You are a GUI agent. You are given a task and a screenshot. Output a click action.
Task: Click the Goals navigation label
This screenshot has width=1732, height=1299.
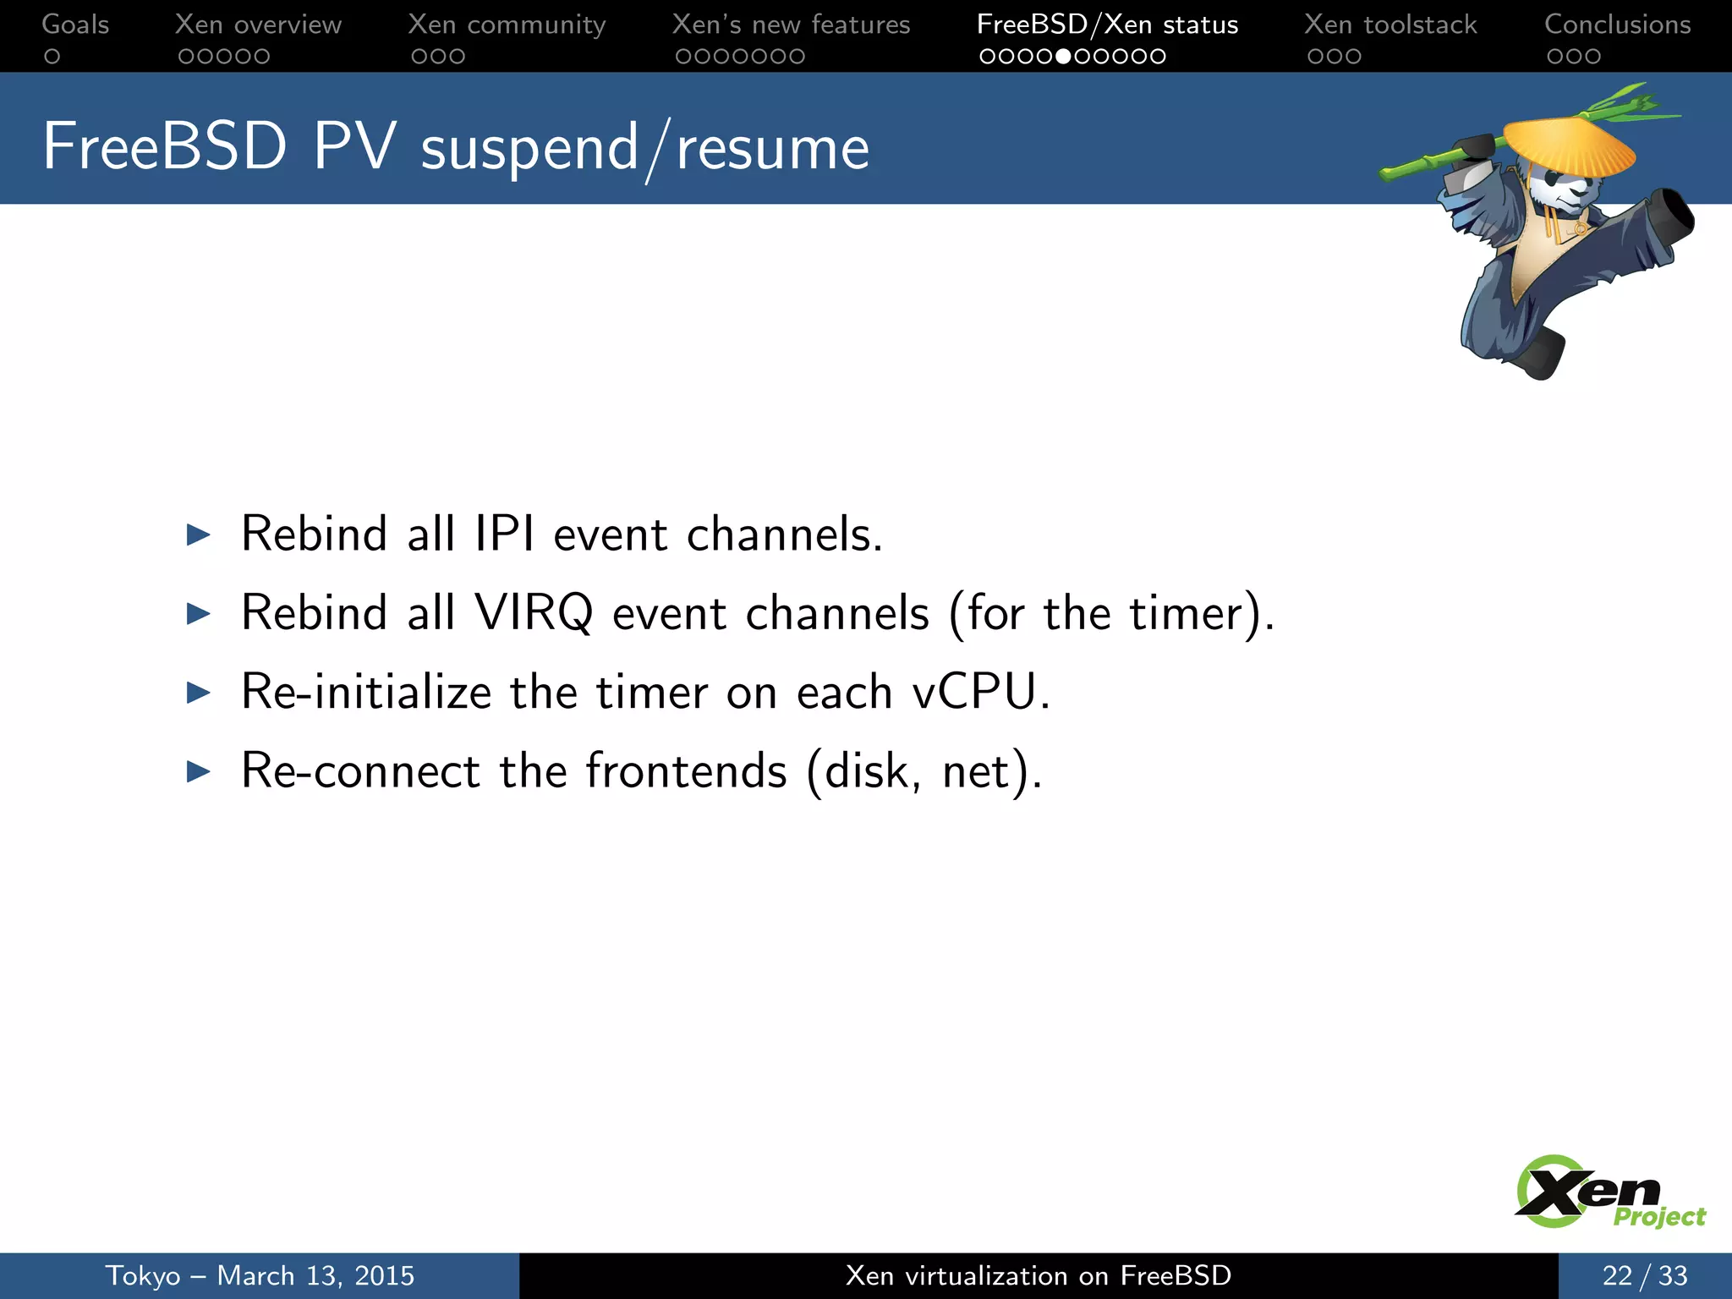[x=75, y=25]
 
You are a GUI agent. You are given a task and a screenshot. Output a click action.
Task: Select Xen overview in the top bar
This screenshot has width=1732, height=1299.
[x=258, y=25]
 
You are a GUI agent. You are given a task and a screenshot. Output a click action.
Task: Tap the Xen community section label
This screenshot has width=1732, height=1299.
[x=507, y=25]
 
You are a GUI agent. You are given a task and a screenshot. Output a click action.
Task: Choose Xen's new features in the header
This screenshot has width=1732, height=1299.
[x=791, y=25]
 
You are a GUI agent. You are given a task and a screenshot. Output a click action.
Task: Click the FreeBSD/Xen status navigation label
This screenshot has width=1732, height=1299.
[x=1107, y=25]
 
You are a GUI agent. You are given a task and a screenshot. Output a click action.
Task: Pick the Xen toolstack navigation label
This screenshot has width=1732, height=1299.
[x=1390, y=25]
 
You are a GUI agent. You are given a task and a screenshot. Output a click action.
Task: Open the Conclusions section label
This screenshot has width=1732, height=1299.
[x=1617, y=25]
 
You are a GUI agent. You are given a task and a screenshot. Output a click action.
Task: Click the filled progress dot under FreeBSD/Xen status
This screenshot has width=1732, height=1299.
[x=1064, y=57]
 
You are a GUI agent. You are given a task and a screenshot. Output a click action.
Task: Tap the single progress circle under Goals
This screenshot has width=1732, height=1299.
[x=52, y=57]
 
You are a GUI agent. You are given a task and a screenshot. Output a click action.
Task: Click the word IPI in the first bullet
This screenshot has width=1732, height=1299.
[x=504, y=534]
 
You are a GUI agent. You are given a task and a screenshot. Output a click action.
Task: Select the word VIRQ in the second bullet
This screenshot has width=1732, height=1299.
[x=534, y=613]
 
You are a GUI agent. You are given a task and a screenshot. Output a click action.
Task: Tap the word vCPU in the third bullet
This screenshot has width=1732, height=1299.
[x=974, y=692]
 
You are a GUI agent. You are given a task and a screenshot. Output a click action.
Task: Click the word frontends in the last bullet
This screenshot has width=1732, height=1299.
[x=686, y=771]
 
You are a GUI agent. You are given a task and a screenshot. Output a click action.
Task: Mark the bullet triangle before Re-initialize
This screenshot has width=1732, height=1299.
[x=198, y=693]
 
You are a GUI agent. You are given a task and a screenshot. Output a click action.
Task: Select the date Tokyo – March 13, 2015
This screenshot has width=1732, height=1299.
[x=260, y=1275]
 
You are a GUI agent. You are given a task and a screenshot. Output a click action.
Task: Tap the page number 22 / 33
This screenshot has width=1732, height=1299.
[x=1644, y=1275]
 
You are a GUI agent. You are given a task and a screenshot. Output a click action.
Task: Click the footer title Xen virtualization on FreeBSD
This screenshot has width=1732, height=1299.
[x=1038, y=1275]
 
